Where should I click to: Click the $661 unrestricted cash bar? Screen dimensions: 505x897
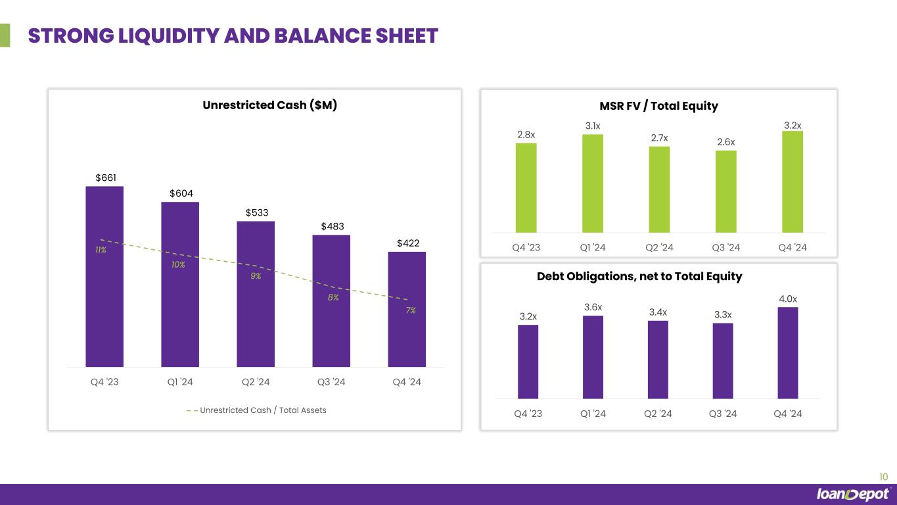pos(104,276)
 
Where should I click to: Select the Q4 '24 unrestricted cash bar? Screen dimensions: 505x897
pos(407,309)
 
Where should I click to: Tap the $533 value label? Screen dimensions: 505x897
pos(257,212)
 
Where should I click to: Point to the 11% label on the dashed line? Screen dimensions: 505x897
pos(101,251)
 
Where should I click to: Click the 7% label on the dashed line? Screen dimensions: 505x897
pos(411,310)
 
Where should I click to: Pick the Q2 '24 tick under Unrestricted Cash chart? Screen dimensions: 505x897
pos(256,382)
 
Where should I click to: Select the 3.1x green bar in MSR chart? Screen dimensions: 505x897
pos(593,183)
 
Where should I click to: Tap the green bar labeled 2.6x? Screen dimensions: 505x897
pos(725,191)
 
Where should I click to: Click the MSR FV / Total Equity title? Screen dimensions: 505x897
pos(659,106)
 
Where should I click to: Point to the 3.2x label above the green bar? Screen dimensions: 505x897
pos(793,125)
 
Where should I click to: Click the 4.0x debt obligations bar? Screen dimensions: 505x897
pos(787,352)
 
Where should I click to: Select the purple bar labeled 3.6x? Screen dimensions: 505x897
pos(593,357)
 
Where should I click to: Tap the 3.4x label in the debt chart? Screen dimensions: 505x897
pos(658,312)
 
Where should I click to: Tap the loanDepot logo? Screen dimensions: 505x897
pos(853,494)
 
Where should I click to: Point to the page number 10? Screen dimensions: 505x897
pos(883,477)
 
